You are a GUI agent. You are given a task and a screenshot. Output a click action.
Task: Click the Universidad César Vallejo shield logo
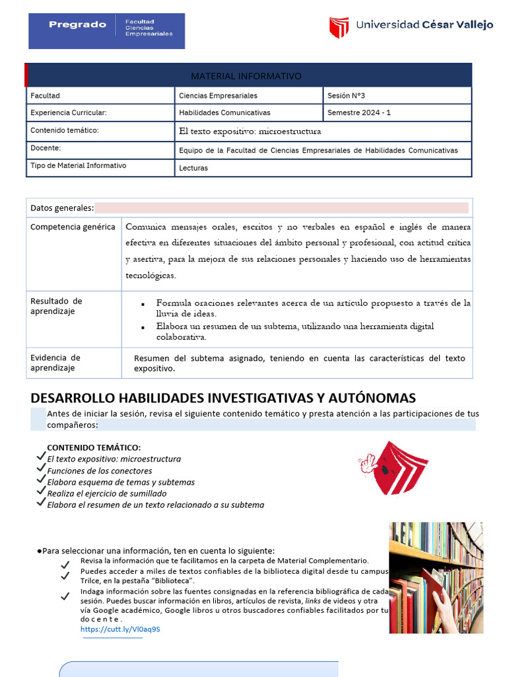pyautogui.click(x=339, y=27)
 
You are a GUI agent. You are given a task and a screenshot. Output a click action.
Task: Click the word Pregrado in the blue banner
pyautogui.click(x=77, y=24)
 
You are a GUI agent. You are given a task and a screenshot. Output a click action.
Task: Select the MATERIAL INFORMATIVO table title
pyautogui.click(x=246, y=76)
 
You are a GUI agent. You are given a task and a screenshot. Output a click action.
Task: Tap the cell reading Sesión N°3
pyautogui.click(x=347, y=96)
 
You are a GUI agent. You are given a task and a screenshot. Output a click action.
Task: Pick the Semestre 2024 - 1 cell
pyautogui.click(x=359, y=112)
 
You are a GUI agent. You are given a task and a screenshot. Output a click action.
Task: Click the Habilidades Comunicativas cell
pyautogui.click(x=224, y=112)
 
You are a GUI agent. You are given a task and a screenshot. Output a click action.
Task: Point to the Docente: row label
pyautogui.click(x=46, y=148)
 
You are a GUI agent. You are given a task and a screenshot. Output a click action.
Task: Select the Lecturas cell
pyautogui.click(x=193, y=168)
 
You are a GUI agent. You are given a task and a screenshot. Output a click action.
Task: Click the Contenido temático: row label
pyautogui.click(x=64, y=130)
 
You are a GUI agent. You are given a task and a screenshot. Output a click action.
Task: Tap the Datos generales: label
pyautogui.click(x=62, y=208)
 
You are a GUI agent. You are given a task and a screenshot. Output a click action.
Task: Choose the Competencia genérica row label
pyautogui.click(x=73, y=227)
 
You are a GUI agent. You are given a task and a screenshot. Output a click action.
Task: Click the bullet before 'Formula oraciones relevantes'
pyautogui.click(x=143, y=304)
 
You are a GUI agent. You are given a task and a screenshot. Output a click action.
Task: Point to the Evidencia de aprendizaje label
pyautogui.click(x=55, y=363)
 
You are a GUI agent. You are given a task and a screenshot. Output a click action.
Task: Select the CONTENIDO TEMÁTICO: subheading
pyautogui.click(x=94, y=448)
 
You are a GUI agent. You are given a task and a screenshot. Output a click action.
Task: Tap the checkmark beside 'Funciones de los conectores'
pyautogui.click(x=41, y=469)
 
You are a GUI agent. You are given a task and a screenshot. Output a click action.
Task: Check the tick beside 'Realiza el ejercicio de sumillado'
pyautogui.click(x=41, y=492)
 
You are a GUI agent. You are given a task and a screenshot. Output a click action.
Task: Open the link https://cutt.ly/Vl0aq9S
pyautogui.click(x=120, y=629)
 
